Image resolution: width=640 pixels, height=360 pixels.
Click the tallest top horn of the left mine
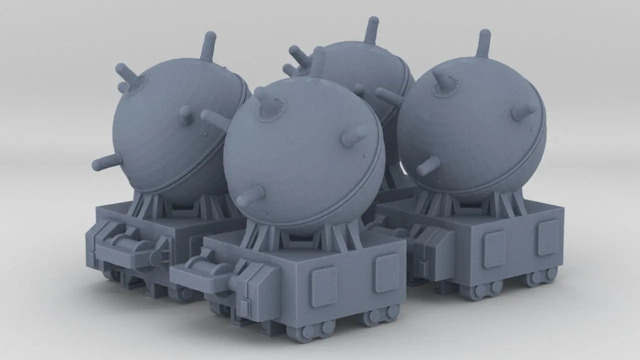(x=209, y=45)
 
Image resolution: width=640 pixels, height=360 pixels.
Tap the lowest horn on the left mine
(x=106, y=162)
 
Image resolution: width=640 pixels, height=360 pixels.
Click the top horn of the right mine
(x=483, y=43)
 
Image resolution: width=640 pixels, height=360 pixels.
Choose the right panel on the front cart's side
(x=387, y=272)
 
